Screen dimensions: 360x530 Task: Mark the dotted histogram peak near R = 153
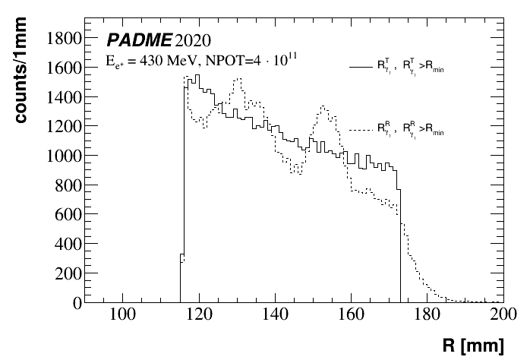pyautogui.click(x=324, y=107)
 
